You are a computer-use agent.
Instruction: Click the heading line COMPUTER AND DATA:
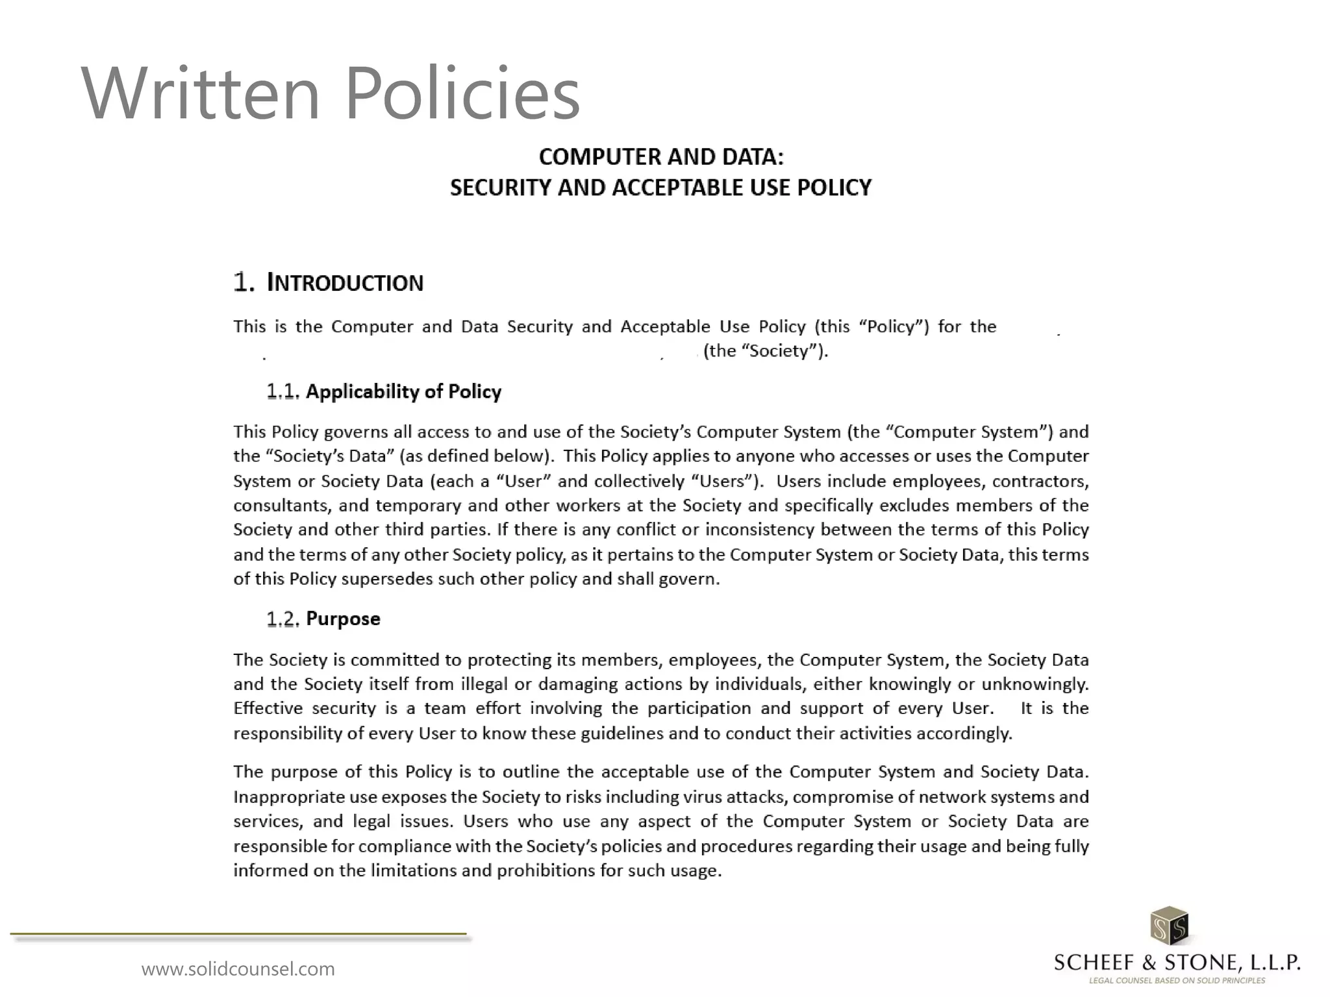click(661, 157)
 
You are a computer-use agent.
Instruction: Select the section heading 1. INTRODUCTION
click(328, 283)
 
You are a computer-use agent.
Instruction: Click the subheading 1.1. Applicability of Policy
click(384, 391)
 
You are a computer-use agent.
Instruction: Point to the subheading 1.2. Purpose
click(323, 619)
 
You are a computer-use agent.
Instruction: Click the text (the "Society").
click(766, 351)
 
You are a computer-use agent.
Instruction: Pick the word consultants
click(282, 506)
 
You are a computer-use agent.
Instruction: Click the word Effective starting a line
click(268, 708)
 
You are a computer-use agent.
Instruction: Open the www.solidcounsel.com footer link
click(238, 969)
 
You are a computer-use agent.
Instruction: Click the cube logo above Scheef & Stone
click(1169, 926)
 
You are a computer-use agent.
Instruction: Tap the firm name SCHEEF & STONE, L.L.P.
click(1177, 962)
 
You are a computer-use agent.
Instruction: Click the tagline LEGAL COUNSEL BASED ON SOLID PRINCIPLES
click(1177, 981)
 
